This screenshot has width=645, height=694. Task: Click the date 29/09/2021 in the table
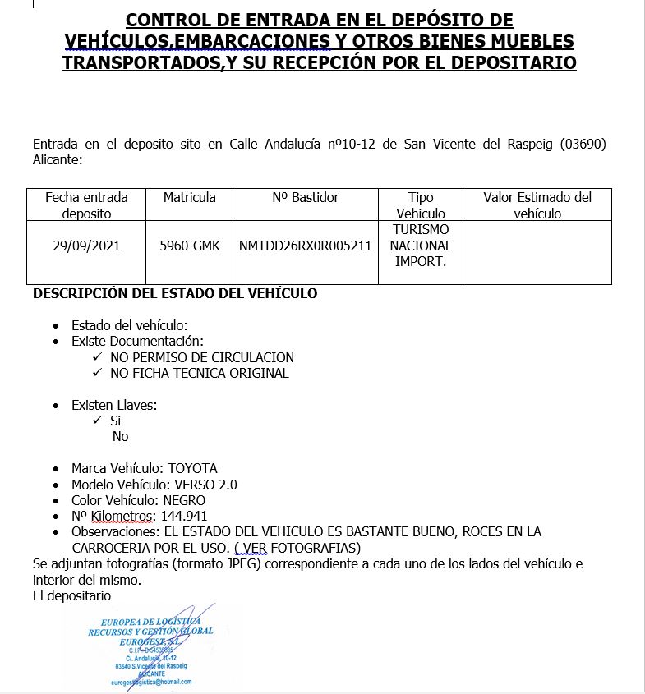tap(86, 246)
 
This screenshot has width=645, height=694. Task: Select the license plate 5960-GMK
tap(190, 246)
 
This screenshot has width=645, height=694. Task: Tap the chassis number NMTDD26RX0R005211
tap(305, 246)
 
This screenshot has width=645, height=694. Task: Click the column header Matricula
tap(190, 197)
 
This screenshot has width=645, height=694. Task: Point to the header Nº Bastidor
tap(305, 197)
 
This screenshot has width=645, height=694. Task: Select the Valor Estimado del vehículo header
tap(537, 205)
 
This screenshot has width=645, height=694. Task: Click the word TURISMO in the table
tap(421, 229)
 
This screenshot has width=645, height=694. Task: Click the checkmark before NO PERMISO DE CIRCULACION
tap(98, 357)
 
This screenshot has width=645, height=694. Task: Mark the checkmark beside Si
tap(98, 421)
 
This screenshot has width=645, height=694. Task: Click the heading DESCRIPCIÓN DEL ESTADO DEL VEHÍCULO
tap(175, 293)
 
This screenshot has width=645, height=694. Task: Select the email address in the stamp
tap(150, 682)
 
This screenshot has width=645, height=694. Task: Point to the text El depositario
tap(71, 595)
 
